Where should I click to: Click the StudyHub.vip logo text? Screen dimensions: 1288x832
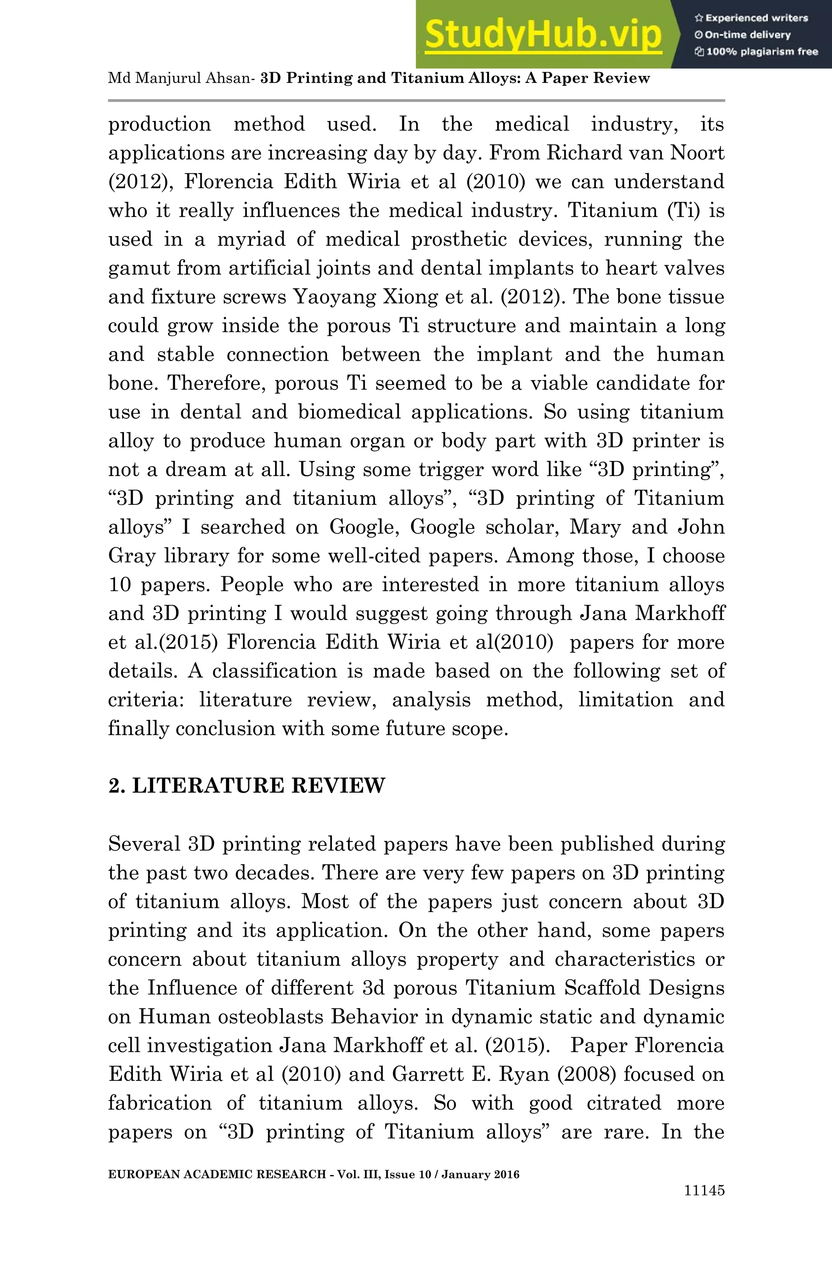543,35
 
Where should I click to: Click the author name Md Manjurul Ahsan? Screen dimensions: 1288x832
179,78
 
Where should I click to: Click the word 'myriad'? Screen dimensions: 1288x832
251,239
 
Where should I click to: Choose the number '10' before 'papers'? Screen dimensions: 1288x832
120,585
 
